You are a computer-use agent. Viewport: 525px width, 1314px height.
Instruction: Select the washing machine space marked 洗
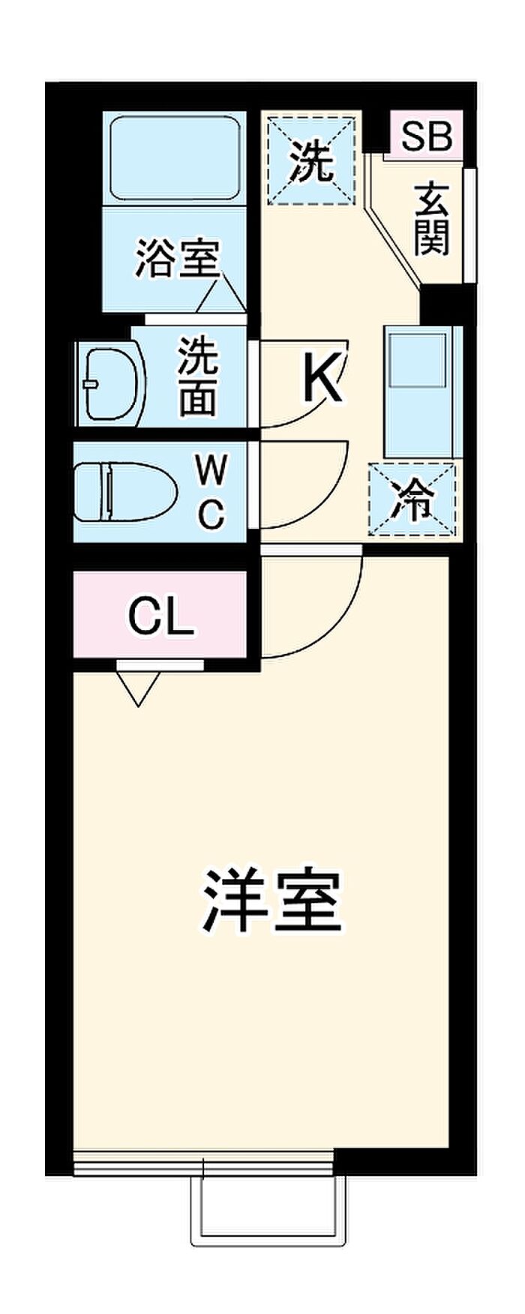(x=311, y=160)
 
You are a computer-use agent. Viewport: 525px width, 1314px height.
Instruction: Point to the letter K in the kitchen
(x=323, y=379)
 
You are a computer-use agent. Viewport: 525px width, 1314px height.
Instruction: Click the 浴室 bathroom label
(x=177, y=258)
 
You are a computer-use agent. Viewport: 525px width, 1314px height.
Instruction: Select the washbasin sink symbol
(x=112, y=383)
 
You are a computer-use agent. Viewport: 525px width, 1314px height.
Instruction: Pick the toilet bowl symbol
(x=124, y=491)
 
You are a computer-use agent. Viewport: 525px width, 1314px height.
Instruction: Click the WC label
(x=210, y=491)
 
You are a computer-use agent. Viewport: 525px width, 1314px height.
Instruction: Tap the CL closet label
(x=160, y=616)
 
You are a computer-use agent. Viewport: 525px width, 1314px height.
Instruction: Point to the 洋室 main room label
(x=271, y=900)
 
